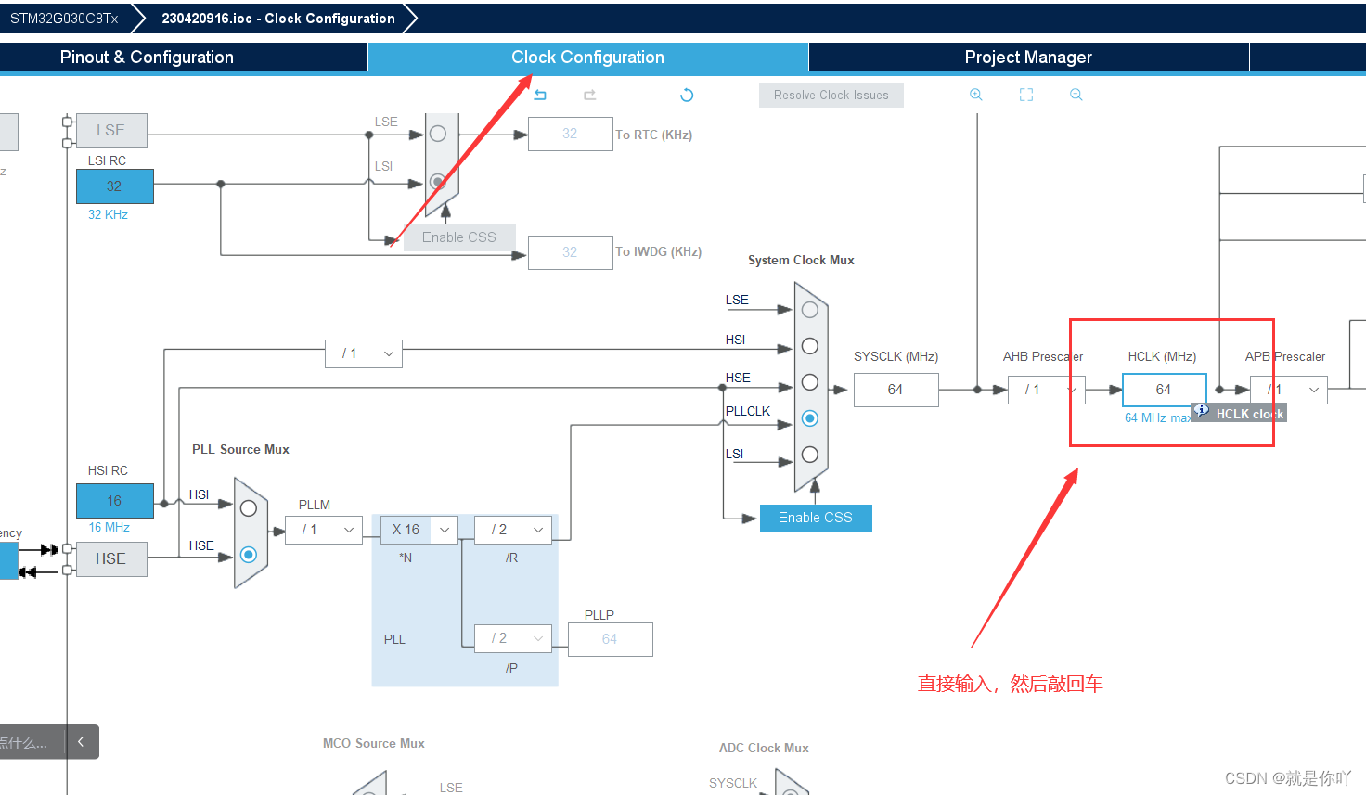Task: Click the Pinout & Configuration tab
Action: coord(147,58)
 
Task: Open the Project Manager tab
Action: coord(1028,58)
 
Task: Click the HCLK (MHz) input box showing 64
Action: coord(1164,390)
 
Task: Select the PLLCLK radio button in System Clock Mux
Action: coord(810,418)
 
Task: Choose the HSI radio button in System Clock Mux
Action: coord(810,346)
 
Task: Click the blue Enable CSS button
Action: coord(815,518)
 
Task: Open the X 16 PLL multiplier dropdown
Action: coord(419,530)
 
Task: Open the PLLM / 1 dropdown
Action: coord(323,530)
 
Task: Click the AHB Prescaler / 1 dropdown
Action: coord(1046,390)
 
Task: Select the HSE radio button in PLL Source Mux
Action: coord(248,555)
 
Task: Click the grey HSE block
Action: coord(111,558)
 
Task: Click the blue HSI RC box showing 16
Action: coord(114,501)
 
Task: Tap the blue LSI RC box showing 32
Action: coord(114,186)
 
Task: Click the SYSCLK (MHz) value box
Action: coord(896,390)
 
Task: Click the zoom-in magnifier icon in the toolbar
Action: coord(976,95)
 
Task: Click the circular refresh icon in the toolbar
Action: coord(687,95)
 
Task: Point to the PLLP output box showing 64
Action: coord(610,639)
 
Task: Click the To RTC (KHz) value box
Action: coord(570,134)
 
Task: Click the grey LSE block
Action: coord(110,130)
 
